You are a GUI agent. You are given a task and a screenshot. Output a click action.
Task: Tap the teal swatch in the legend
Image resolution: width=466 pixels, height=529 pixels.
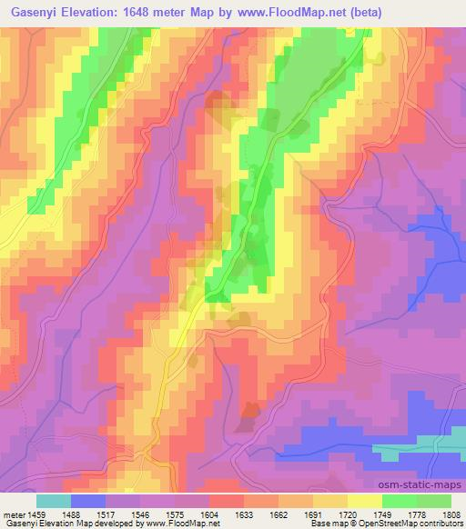[54, 501]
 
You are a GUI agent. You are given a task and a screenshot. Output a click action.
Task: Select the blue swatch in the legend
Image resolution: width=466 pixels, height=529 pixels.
[88, 501]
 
